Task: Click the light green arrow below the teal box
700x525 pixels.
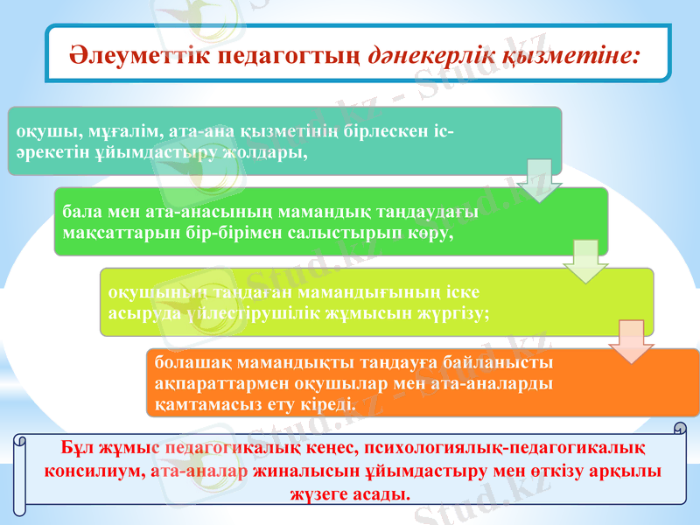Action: (534, 179)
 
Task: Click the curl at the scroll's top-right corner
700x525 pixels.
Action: (678, 429)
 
